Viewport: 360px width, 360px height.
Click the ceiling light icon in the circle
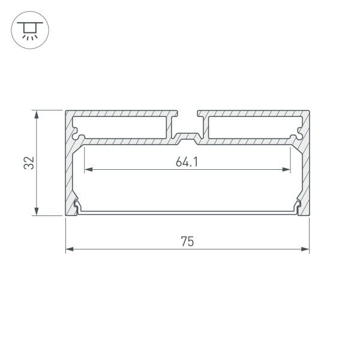28,28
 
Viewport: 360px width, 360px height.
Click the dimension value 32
28,163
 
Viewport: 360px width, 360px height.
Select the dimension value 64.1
187,162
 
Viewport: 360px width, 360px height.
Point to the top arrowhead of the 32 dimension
37,114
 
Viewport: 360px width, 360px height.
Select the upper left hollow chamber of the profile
120,127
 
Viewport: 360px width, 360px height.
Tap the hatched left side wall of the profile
68,174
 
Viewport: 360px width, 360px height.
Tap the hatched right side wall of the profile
305,174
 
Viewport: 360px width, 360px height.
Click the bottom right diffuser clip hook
297,208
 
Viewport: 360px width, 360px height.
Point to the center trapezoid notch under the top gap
187,139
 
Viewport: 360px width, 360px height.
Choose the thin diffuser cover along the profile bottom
187,212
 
